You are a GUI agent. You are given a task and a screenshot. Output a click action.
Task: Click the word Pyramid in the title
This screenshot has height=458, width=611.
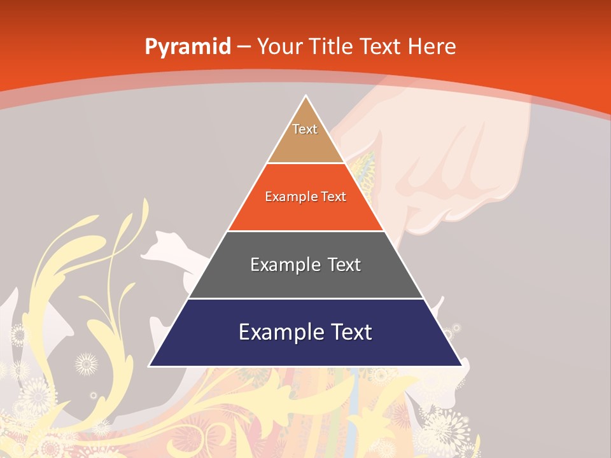(187, 46)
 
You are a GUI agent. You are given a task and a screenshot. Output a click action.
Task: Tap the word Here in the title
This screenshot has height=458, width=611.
(432, 46)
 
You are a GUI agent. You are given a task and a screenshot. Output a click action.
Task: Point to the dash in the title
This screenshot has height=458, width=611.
(243, 47)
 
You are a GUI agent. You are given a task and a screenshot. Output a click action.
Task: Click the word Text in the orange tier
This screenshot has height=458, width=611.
(334, 197)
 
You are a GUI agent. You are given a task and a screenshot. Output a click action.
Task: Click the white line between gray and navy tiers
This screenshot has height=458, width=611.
(305, 298)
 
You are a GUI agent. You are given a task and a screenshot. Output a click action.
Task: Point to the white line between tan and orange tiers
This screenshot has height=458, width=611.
(305, 163)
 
